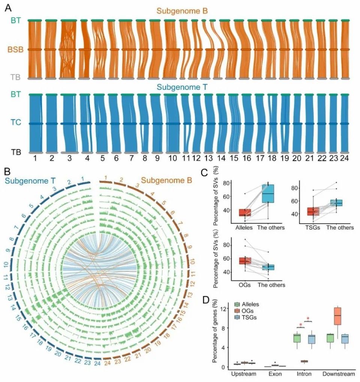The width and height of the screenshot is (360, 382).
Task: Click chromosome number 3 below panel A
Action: (68, 158)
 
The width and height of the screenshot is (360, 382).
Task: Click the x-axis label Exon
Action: (275, 374)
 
